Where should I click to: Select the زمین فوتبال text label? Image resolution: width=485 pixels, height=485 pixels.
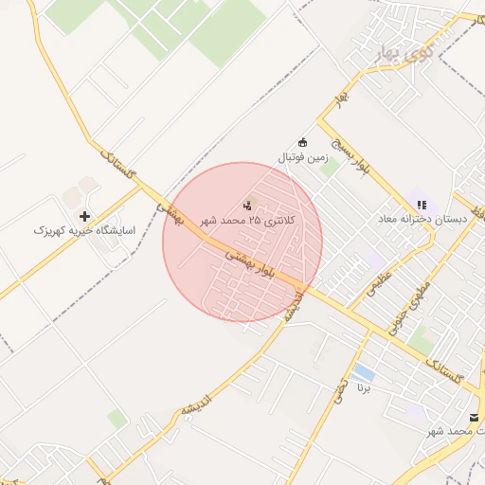click(302, 156)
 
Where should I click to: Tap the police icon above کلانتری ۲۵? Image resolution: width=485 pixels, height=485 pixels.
click(248, 204)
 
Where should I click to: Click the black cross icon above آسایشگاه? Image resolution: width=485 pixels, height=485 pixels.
click(85, 216)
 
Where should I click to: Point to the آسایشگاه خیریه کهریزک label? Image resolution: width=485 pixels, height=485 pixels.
click(85, 230)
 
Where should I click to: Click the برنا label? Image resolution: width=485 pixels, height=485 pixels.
click(365, 386)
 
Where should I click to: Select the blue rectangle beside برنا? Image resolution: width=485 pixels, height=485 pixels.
click(363, 370)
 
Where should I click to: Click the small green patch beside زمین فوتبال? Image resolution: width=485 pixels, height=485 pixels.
click(329, 170)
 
